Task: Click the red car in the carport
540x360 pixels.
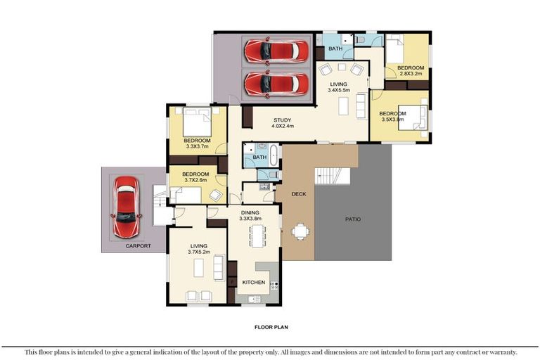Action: [127, 207]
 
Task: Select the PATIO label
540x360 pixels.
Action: [353, 219]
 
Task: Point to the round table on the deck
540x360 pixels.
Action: [300, 230]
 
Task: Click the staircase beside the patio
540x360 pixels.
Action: [332, 176]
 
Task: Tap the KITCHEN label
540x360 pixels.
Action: [254, 282]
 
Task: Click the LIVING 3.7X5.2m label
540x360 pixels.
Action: [198, 248]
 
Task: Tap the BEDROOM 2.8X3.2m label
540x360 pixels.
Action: [410, 70]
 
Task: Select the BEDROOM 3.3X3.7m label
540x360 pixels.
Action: [197, 143]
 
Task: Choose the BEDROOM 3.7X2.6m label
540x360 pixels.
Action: [195, 176]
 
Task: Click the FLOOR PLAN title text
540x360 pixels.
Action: [271, 327]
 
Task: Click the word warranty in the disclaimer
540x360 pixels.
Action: [502, 352]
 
